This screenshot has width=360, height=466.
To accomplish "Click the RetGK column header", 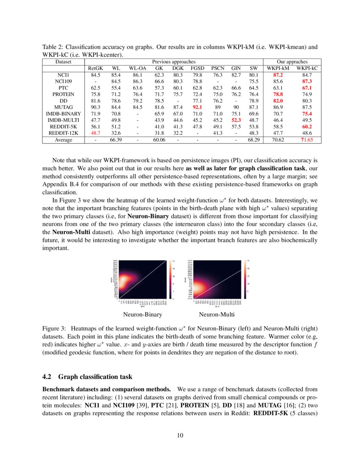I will pos(95,68).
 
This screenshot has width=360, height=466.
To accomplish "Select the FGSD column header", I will pos(197,68).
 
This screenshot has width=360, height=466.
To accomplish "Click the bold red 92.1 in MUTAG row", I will pos(197,108).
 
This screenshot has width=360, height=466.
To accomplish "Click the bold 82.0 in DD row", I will pos(281,101).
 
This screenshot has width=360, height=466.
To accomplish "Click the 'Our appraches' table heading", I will pos(292,62).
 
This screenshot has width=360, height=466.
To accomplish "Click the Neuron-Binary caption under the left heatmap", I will pos(143,315).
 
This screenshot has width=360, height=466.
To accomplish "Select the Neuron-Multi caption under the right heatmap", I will pos(216,315).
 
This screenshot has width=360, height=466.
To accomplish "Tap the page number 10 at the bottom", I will pos(180,435).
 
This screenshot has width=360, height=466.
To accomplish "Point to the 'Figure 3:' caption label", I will pos(54,329).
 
